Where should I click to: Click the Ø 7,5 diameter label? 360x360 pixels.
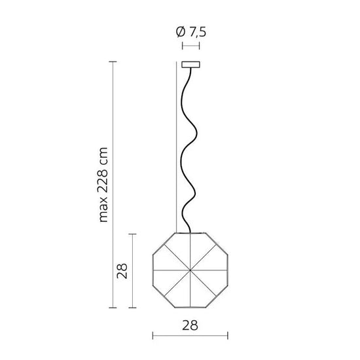(x=191, y=32)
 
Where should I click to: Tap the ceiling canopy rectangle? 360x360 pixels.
(x=190, y=65)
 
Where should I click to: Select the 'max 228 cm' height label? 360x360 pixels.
(x=103, y=185)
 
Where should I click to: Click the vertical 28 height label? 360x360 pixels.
(x=122, y=271)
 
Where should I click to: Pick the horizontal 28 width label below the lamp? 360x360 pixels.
(x=190, y=325)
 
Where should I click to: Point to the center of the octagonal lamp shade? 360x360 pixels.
(x=190, y=270)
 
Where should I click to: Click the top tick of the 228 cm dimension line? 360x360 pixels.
(x=113, y=62)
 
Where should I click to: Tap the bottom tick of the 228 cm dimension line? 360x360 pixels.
(x=113, y=308)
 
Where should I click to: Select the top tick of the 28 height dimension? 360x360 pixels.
(x=132, y=234)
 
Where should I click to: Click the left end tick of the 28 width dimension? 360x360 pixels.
(x=153, y=335)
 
